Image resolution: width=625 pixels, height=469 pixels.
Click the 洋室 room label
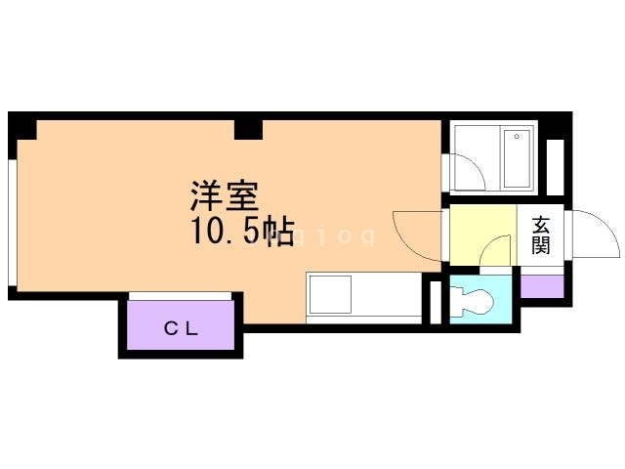[x=225, y=196]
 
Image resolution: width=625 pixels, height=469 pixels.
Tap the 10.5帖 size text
[x=243, y=231]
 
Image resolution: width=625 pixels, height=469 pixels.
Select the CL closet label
[x=181, y=329]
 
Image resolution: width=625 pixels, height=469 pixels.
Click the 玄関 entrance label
[x=541, y=235]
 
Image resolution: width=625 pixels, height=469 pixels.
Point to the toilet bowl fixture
[x=473, y=302]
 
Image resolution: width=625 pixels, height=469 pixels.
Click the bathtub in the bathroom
[x=518, y=158]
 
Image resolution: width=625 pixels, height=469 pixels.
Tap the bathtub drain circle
[x=517, y=137]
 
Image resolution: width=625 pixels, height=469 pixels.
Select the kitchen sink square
[x=330, y=294]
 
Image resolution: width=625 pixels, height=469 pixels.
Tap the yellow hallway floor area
[x=483, y=234]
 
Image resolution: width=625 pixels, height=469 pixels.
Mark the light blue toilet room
[x=480, y=299]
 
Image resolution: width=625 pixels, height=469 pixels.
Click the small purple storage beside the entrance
[x=542, y=286]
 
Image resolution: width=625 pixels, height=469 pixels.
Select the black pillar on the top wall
[x=248, y=130]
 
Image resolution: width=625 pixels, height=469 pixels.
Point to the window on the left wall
[x=13, y=223]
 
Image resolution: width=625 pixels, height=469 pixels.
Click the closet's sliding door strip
[x=180, y=296]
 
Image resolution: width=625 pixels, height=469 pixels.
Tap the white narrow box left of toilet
[x=436, y=302]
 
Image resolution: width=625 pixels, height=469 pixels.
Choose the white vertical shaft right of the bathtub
[x=555, y=167]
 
